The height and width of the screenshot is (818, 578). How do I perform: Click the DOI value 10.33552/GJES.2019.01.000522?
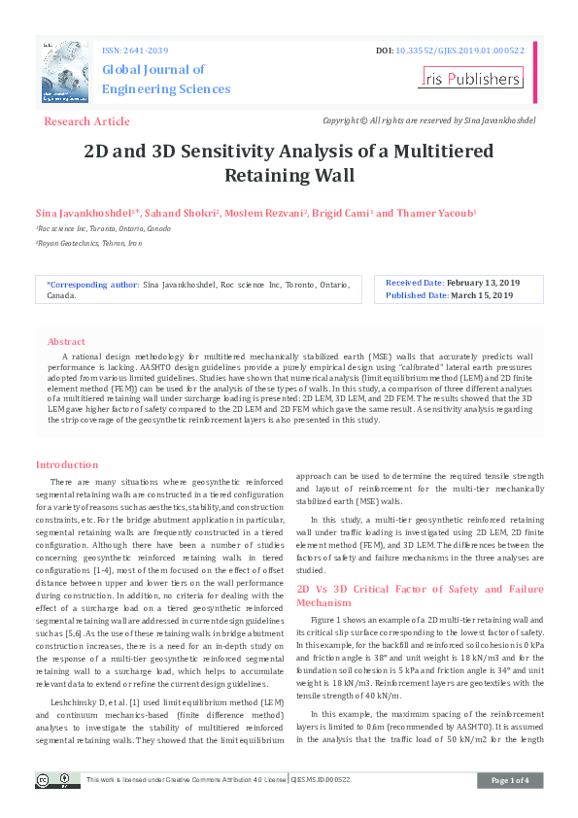click(467, 50)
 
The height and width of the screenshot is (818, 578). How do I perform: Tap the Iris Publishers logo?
click(472, 79)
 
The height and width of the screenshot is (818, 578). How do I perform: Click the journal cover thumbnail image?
click(65, 73)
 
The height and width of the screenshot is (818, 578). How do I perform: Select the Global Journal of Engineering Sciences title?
click(166, 79)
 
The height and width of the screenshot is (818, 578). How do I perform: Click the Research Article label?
click(86, 121)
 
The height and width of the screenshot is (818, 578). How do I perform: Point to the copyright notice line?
click(428, 120)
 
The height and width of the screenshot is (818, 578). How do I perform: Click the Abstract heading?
click(66, 342)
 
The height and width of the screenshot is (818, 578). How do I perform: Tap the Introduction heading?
click(67, 465)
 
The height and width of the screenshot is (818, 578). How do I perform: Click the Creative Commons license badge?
click(58, 780)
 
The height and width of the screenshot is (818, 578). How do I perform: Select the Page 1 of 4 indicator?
click(510, 780)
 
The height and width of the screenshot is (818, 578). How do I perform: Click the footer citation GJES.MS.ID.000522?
click(321, 780)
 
